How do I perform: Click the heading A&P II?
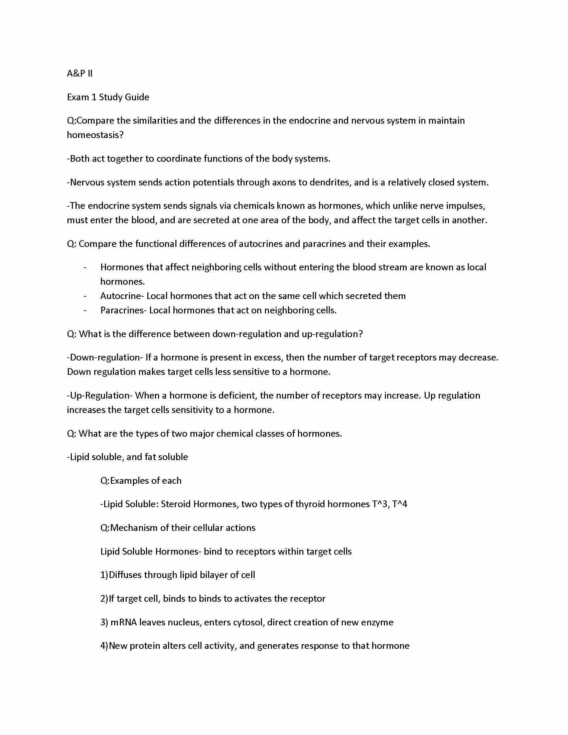coord(80,73)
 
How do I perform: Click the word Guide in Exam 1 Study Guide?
coord(137,97)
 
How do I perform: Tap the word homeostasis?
coord(95,135)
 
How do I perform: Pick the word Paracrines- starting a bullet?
coord(123,310)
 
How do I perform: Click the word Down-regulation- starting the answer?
coord(105,357)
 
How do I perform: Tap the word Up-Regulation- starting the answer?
coord(100,396)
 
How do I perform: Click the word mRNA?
coord(124,622)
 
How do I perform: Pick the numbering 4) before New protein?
coord(104,646)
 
